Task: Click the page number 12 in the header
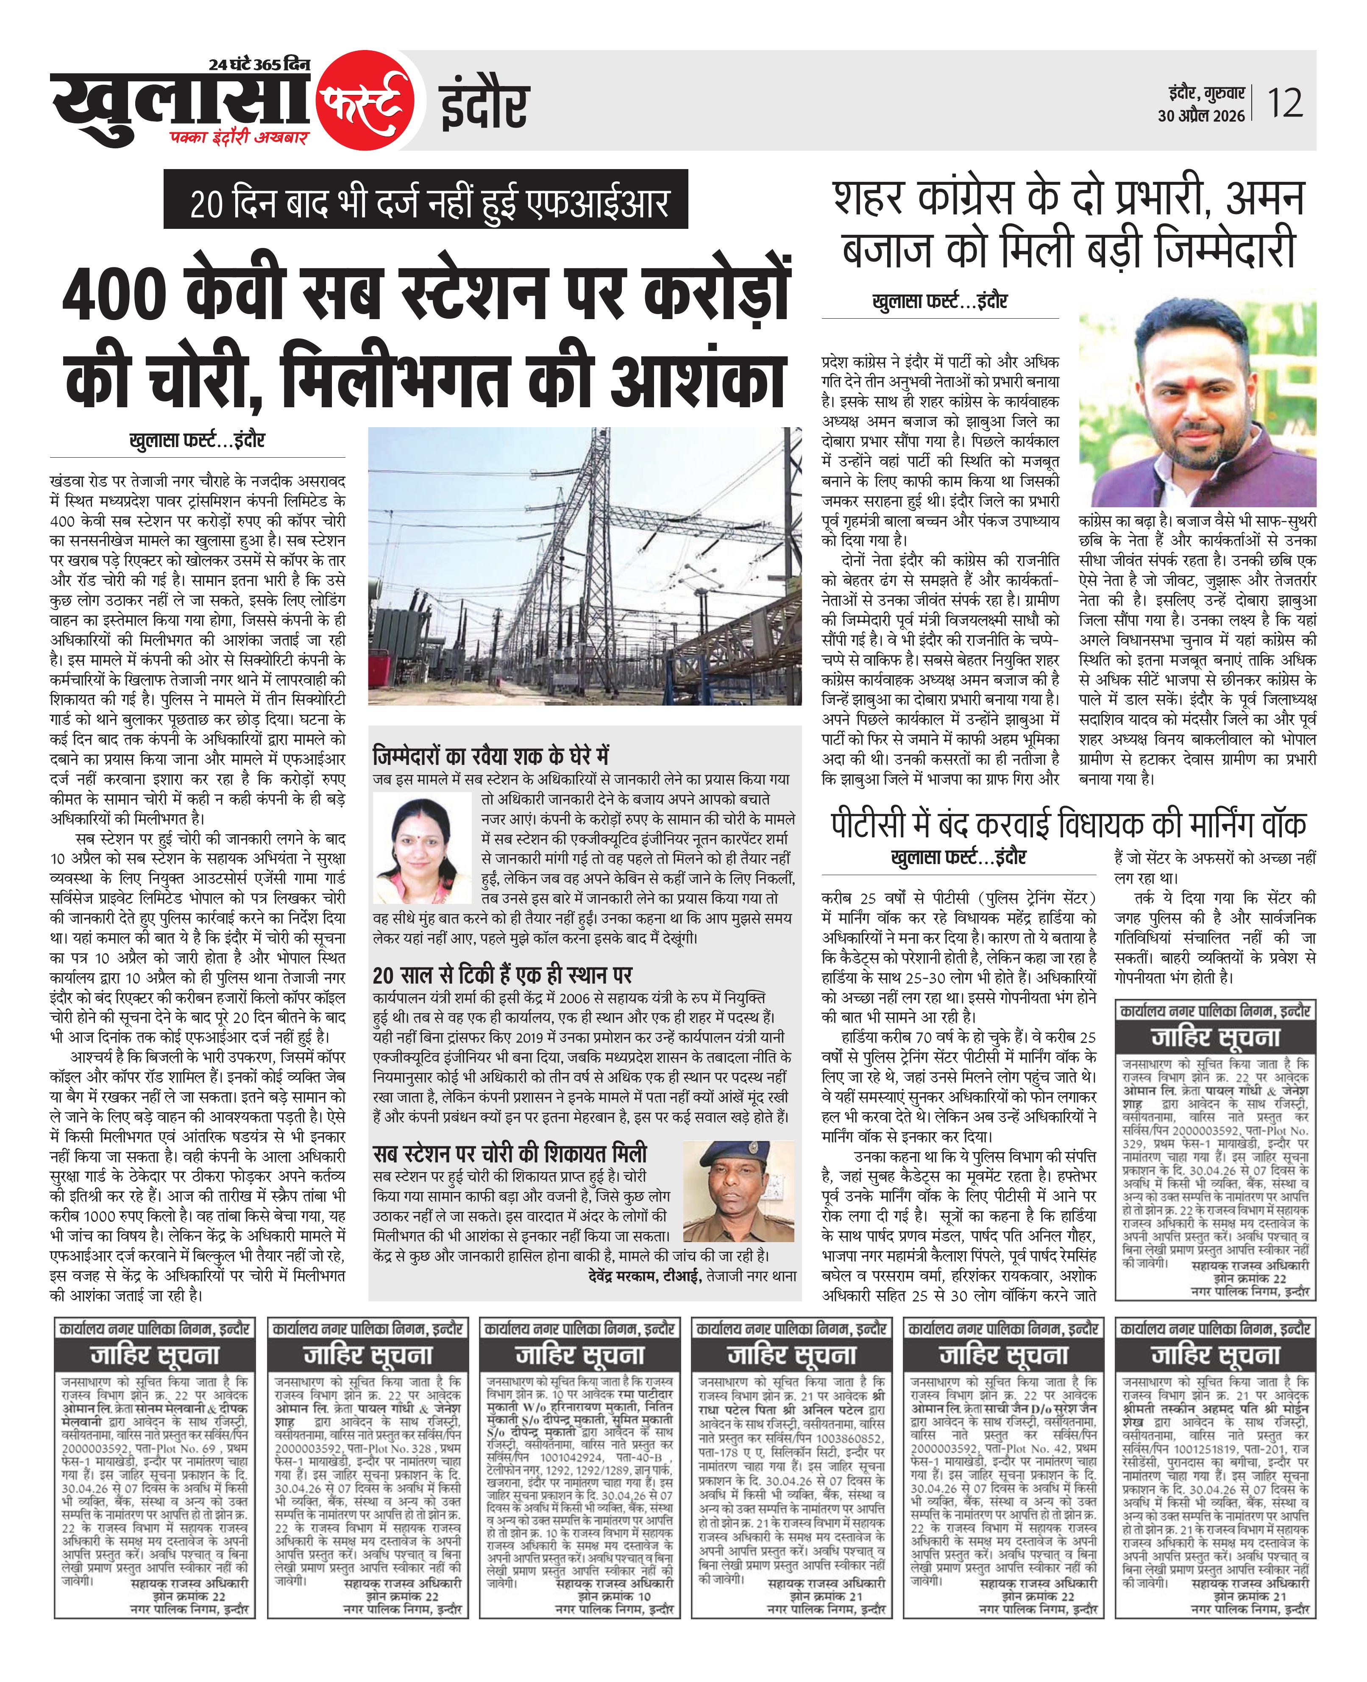coord(1285,103)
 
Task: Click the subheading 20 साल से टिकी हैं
coord(502,975)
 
